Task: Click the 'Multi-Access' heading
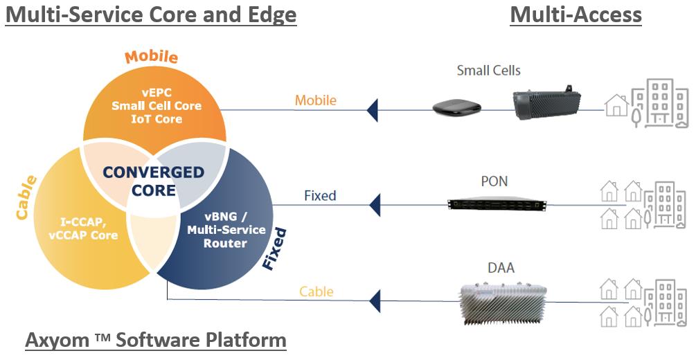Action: click(575, 15)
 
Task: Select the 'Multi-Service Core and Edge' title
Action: click(151, 15)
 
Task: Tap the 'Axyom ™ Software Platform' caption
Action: click(156, 340)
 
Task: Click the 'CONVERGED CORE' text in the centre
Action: click(154, 181)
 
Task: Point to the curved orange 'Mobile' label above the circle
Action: click(152, 57)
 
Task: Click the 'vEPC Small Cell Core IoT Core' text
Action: click(157, 106)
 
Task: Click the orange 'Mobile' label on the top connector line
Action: click(316, 100)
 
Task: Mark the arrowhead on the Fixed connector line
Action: click(374, 205)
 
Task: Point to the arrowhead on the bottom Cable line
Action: click(374, 300)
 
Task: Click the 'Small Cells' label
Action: click(488, 71)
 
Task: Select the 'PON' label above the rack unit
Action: click(494, 181)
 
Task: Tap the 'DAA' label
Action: click(501, 267)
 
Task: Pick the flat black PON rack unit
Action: click(496, 204)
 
